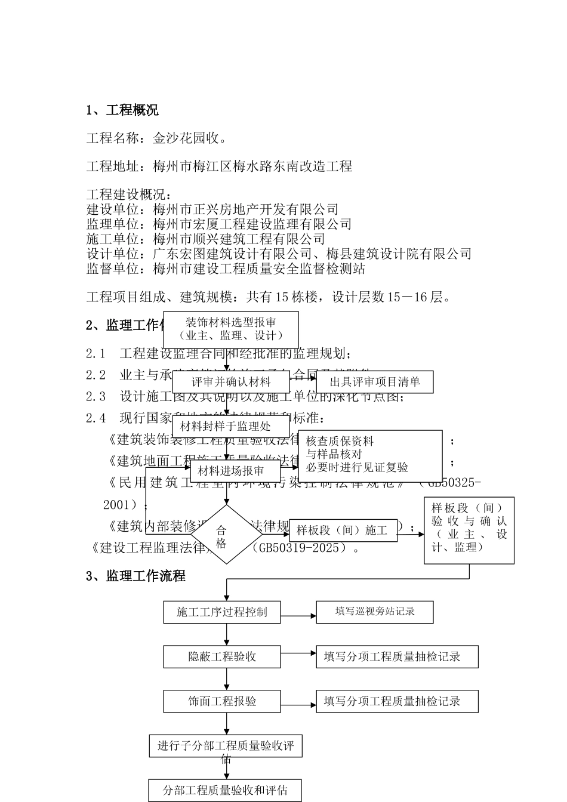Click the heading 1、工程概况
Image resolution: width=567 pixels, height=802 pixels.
click(122, 110)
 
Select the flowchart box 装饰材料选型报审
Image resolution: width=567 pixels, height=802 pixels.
click(231, 329)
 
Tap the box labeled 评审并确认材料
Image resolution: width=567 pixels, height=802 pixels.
click(231, 382)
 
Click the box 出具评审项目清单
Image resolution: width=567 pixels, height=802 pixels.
click(375, 382)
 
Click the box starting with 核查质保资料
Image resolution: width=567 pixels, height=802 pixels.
click(370, 456)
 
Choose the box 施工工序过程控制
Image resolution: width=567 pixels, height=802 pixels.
click(222, 612)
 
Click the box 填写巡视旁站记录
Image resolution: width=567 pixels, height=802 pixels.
click(375, 612)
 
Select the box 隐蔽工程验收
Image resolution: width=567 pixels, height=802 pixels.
click(222, 657)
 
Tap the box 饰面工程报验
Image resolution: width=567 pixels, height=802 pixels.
click(222, 702)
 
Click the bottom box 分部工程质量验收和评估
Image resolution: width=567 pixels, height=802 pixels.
click(225, 791)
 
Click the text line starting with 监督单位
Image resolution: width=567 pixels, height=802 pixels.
click(226, 269)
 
